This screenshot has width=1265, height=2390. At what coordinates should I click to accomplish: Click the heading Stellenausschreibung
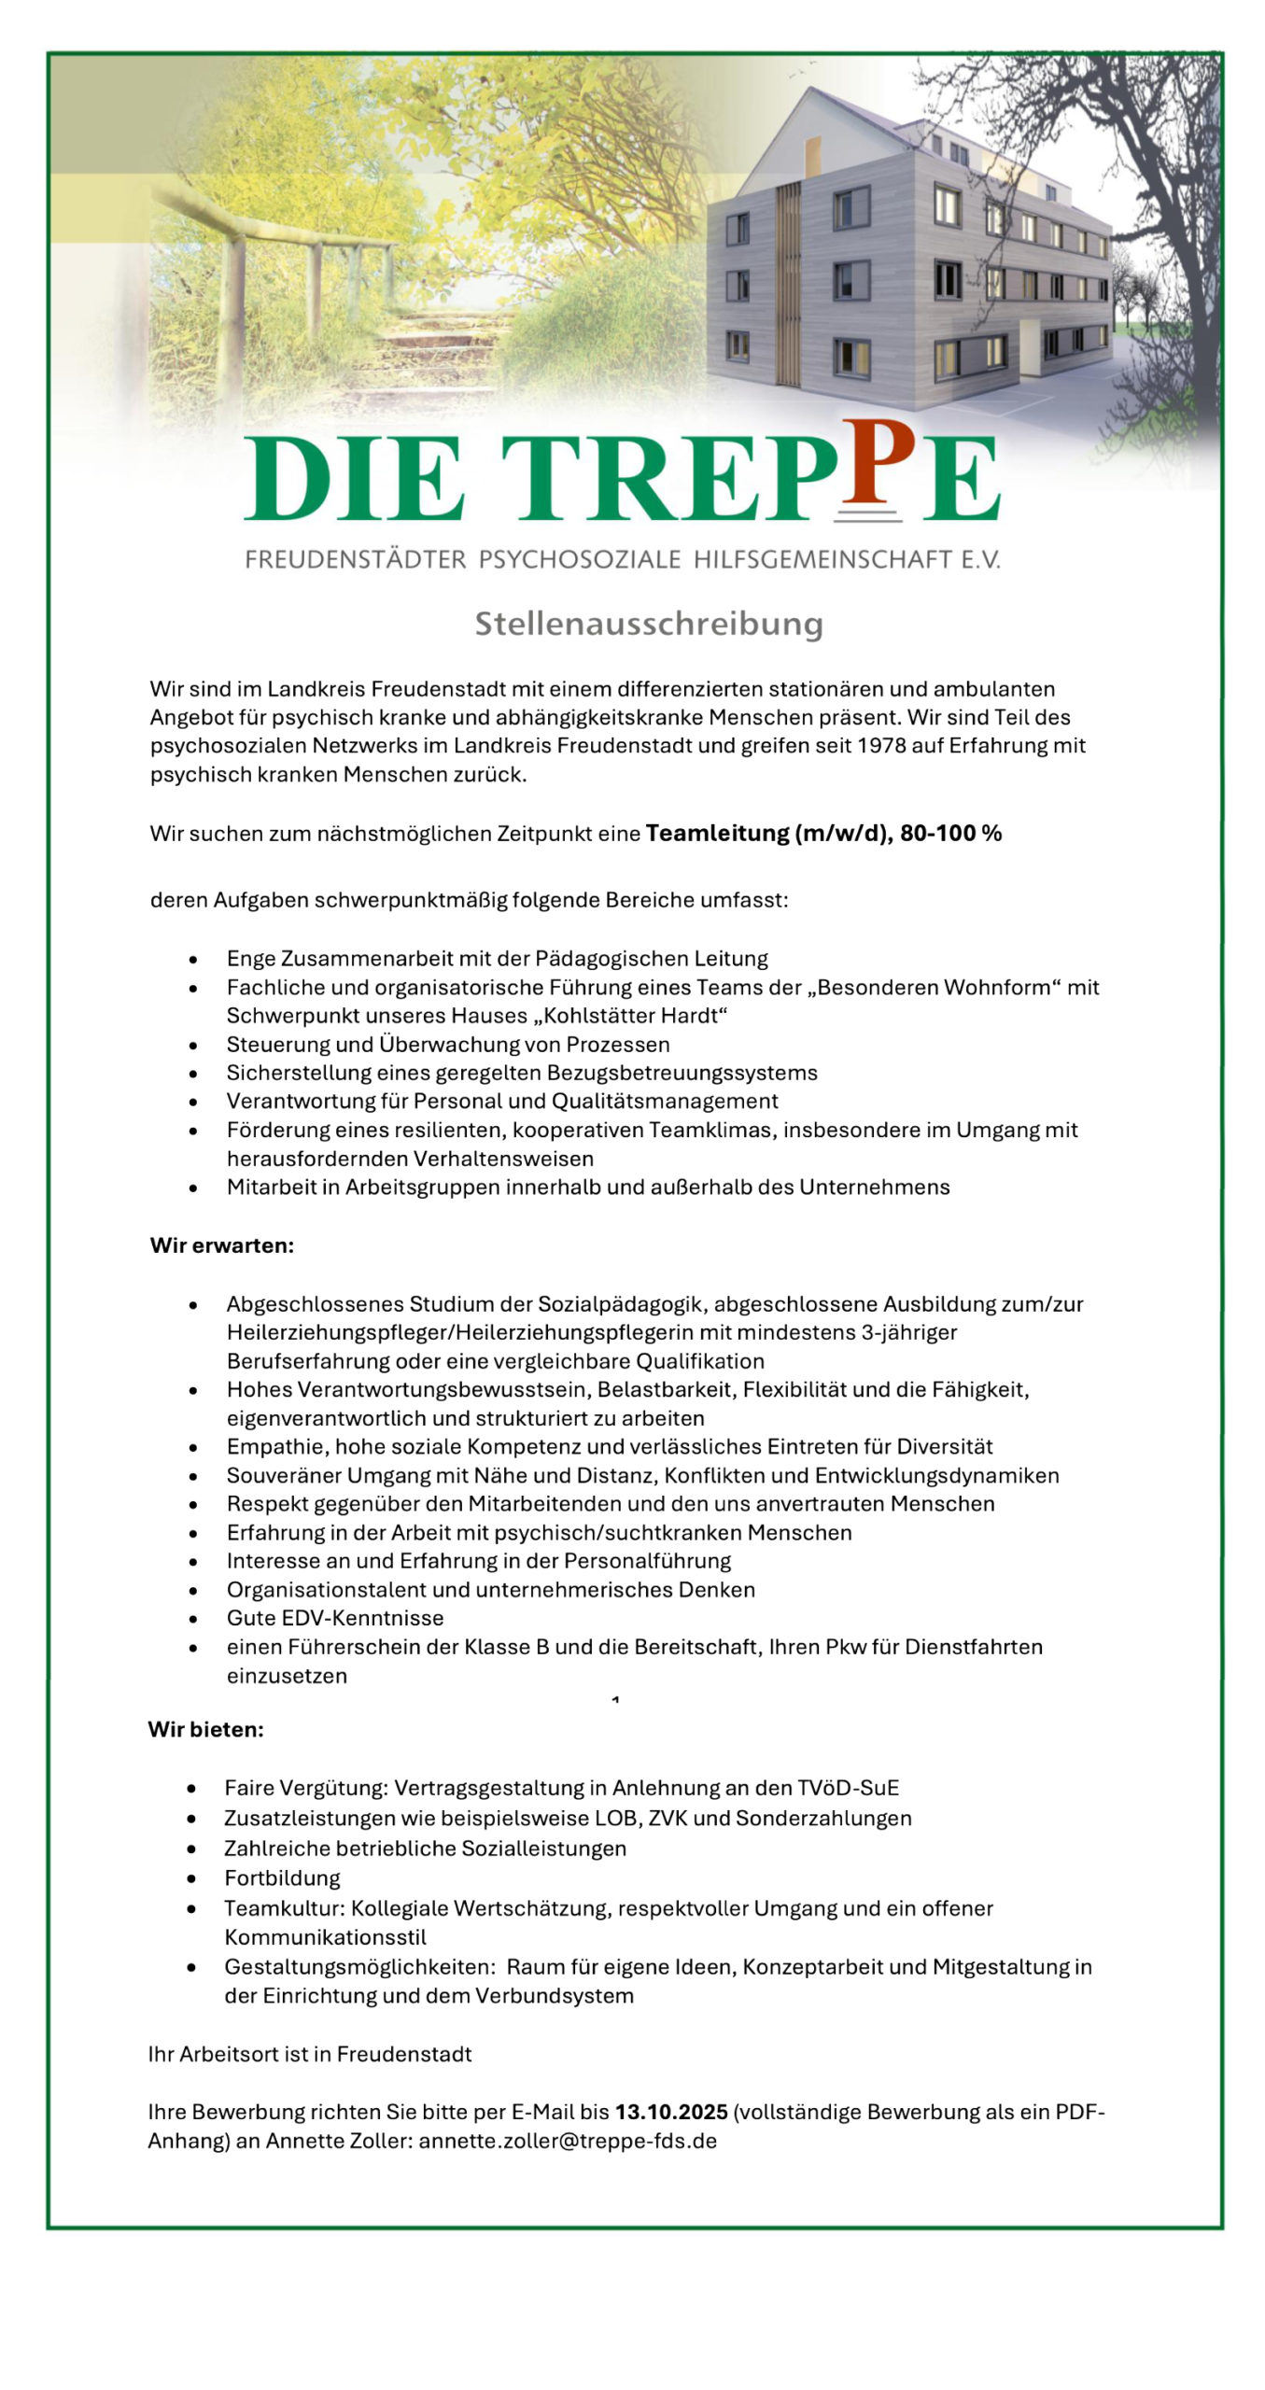point(648,624)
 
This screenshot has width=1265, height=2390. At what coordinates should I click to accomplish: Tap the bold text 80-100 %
point(950,833)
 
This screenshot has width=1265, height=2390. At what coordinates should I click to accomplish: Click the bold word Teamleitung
point(716,833)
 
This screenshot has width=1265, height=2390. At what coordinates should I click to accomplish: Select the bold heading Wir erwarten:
point(222,1245)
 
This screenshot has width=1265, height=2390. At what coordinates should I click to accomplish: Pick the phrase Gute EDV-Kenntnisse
point(335,1618)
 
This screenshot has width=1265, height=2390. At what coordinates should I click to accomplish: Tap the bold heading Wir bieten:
point(205,1730)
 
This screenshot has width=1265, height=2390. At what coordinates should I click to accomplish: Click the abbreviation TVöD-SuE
point(848,1788)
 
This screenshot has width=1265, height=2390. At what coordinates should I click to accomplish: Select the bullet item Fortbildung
point(282,1878)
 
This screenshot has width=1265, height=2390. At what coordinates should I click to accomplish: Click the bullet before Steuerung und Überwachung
point(193,1045)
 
